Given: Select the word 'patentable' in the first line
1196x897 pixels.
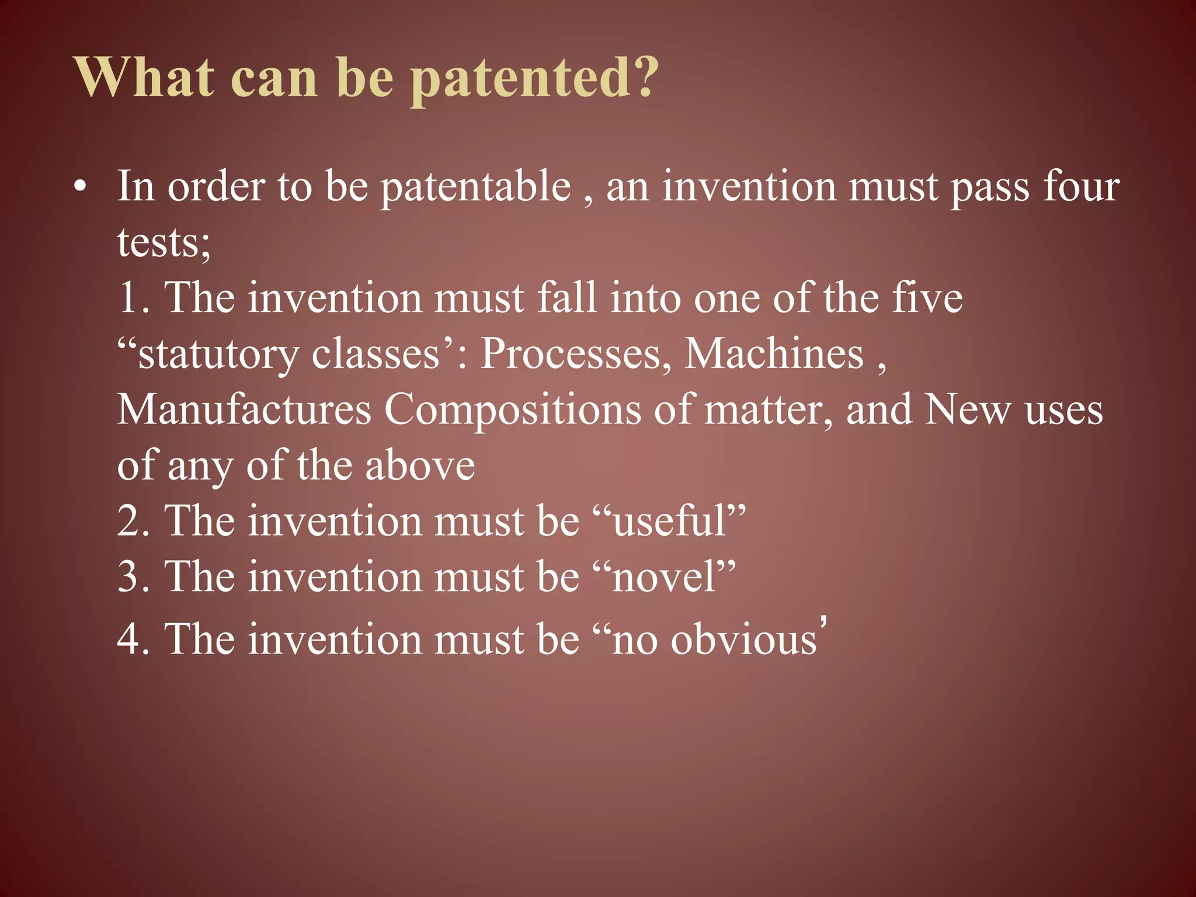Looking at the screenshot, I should [x=475, y=187].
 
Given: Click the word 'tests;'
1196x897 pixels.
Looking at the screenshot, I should [x=164, y=242].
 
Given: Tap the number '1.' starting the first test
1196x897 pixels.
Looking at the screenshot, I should [x=134, y=297].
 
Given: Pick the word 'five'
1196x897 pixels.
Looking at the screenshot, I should [x=927, y=297].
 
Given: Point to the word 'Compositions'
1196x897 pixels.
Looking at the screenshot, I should [x=512, y=410].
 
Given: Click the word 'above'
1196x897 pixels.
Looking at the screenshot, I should [x=420, y=465].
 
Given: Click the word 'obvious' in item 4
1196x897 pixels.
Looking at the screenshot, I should [x=743, y=639].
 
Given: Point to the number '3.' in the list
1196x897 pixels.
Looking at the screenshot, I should [x=134, y=576].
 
